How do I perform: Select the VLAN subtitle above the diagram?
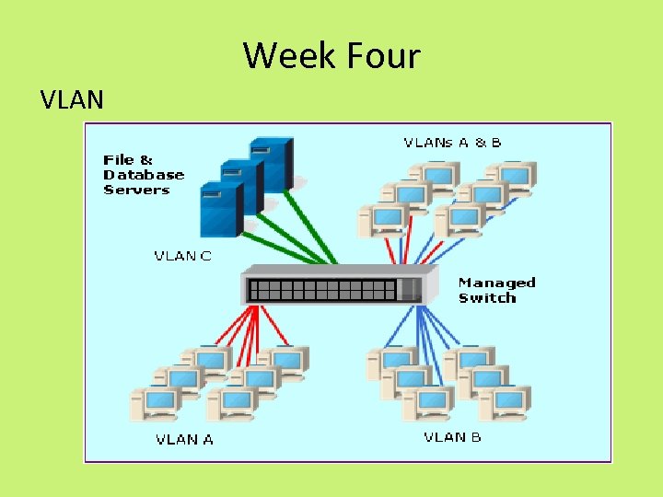click(72, 98)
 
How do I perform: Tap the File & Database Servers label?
click(143, 175)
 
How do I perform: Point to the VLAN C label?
click(181, 255)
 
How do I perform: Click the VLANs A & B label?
click(452, 143)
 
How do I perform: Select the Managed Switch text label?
click(496, 290)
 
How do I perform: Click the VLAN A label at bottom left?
click(184, 439)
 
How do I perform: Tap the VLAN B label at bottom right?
click(452, 437)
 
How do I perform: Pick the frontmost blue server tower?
click(220, 209)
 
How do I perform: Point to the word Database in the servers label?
click(144, 175)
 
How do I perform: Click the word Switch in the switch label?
click(487, 298)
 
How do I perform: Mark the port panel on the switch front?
click(322, 290)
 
